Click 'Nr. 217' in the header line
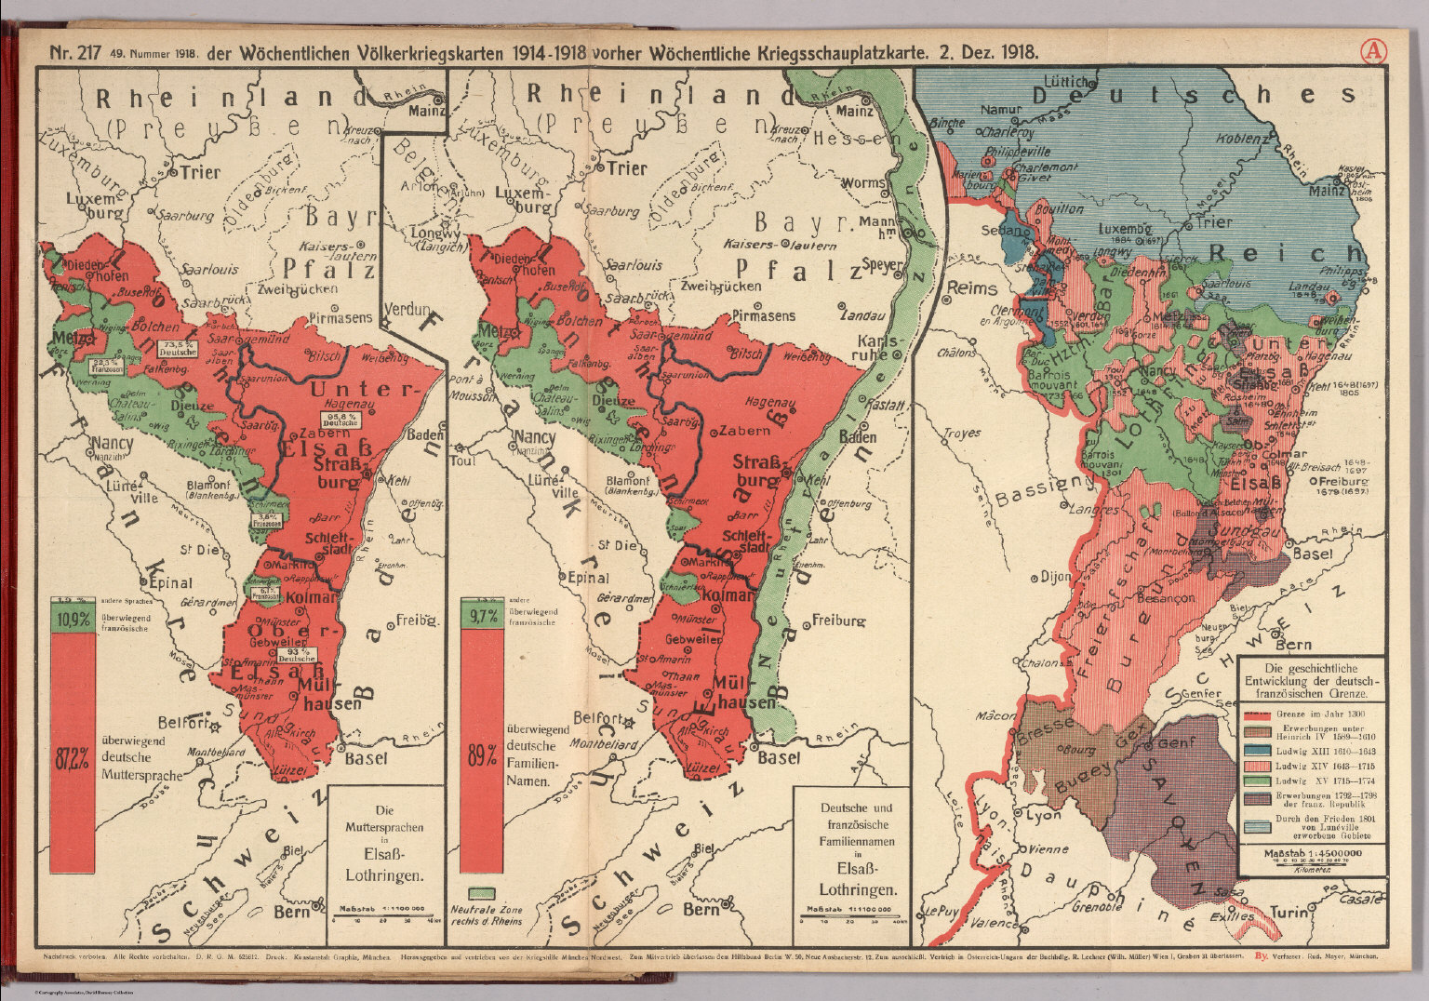(74, 52)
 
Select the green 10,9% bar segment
(72, 620)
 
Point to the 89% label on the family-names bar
(481, 756)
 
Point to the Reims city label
(971, 289)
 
